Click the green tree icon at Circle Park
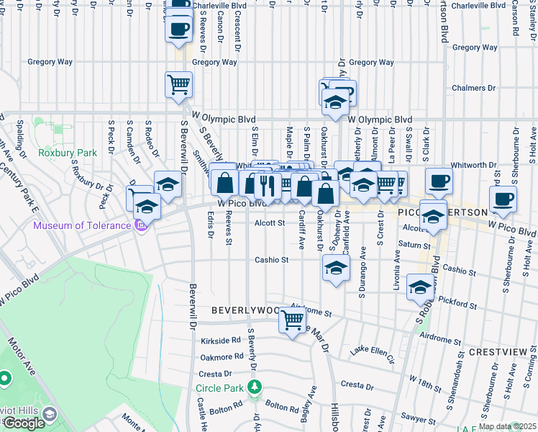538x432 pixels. coord(254,388)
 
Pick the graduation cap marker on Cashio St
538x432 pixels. coord(334,268)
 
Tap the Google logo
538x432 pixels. coord(24,423)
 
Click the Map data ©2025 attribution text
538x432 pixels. coord(507,426)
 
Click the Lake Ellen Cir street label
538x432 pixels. coord(372,352)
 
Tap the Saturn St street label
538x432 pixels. coord(414,246)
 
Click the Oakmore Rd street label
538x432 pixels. coord(222,356)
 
